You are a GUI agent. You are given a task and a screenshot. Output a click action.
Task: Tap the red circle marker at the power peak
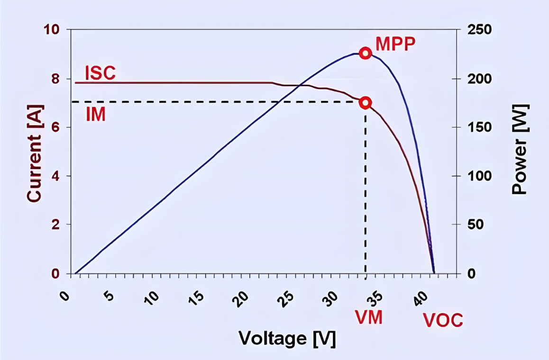[x=365, y=53]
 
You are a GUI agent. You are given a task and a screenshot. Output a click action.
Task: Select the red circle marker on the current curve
[x=365, y=103]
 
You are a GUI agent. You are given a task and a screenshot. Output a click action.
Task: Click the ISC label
[x=100, y=73]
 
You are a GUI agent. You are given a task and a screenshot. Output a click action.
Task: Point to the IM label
[x=96, y=115]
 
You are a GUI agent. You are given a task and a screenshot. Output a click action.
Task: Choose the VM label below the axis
[x=369, y=317]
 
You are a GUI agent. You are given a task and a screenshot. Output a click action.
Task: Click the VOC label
[x=443, y=321]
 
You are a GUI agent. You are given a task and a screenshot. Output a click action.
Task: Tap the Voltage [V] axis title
[x=287, y=338]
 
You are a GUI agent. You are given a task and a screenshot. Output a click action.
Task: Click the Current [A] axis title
[x=34, y=151]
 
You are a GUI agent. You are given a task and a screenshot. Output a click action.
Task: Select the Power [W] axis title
[x=520, y=151]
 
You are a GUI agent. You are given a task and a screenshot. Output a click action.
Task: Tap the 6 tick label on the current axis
[x=55, y=127]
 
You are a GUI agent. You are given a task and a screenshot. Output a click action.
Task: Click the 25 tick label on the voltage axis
[x=286, y=296]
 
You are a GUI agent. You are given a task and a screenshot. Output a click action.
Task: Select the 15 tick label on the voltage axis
[x=198, y=296]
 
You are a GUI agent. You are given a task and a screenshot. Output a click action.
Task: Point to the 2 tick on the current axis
[x=55, y=225]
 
